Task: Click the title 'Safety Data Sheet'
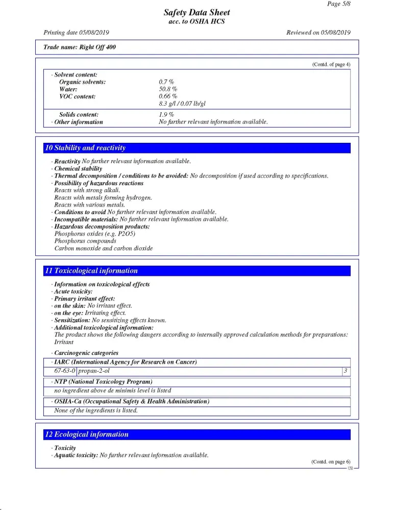(196, 13)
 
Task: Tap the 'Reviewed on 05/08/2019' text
(318, 33)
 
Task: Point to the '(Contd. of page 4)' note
(331, 64)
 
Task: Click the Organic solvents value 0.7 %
(166, 82)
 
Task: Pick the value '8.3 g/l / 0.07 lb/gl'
(182, 104)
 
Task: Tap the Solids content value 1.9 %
(166, 115)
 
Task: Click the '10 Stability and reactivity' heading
(85, 148)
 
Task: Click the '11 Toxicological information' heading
(91, 271)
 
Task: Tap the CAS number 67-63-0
(65, 371)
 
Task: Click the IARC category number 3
(346, 371)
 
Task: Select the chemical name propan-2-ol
(94, 371)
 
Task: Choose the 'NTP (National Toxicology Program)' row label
(104, 381)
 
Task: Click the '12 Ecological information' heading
(87, 435)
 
